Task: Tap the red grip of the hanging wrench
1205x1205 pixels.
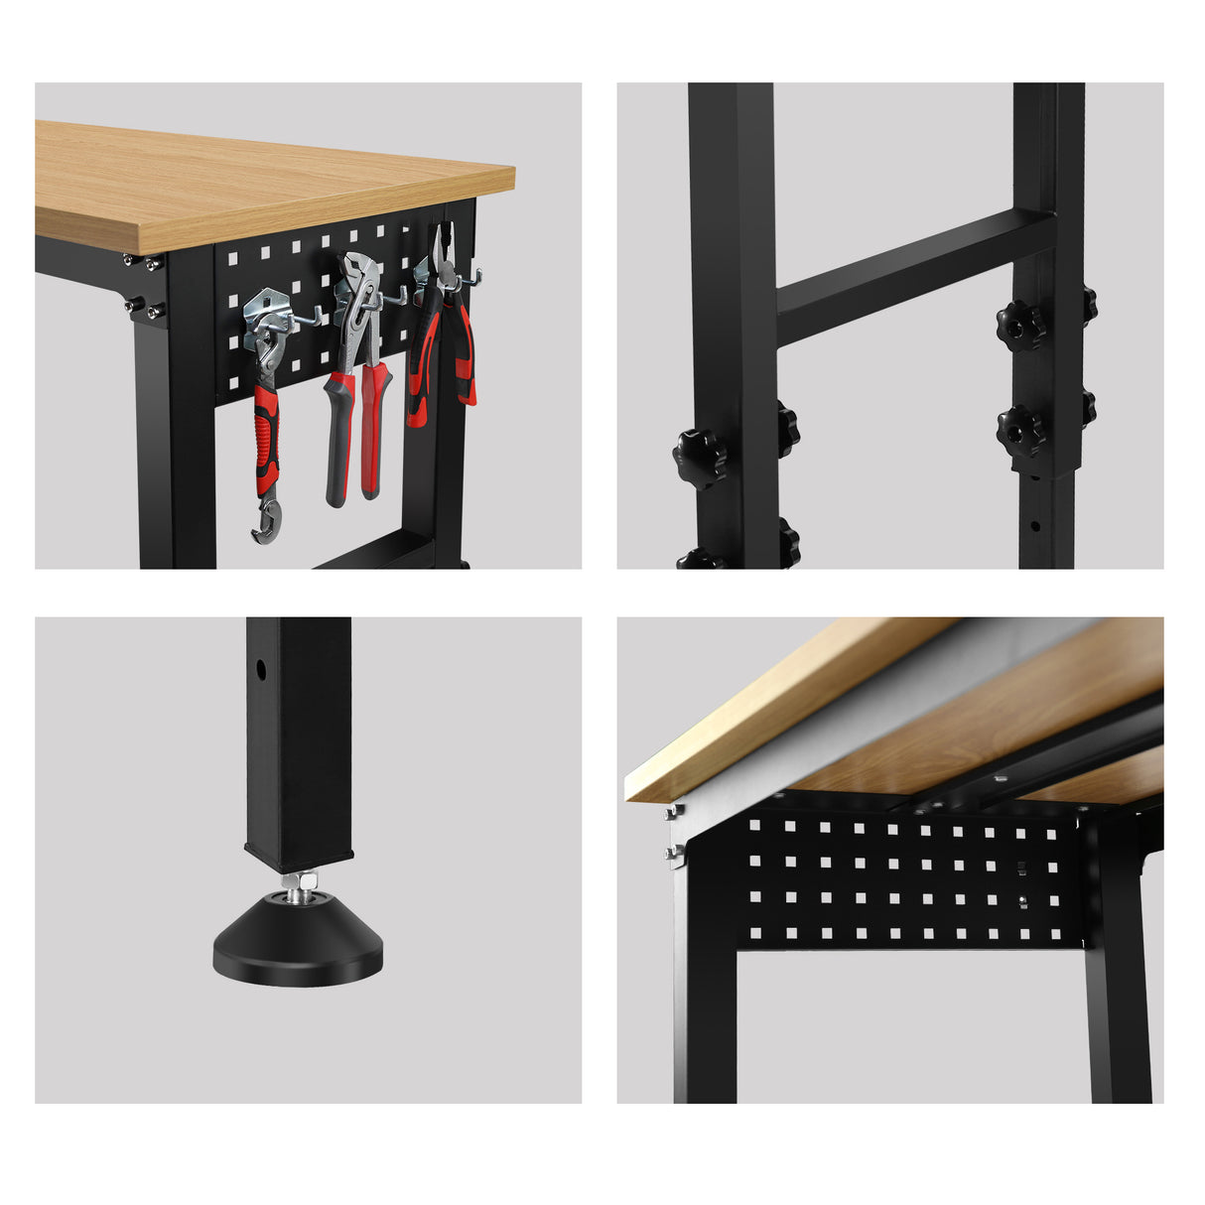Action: (267, 437)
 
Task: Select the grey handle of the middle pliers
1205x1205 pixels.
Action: (337, 437)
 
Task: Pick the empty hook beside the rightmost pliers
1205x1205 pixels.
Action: (473, 279)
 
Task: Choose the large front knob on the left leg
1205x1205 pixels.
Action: (700, 458)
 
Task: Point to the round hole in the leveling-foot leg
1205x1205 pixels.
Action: (261, 669)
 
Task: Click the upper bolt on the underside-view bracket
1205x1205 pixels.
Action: (672, 812)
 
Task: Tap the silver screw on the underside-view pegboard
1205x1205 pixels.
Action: (1021, 901)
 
